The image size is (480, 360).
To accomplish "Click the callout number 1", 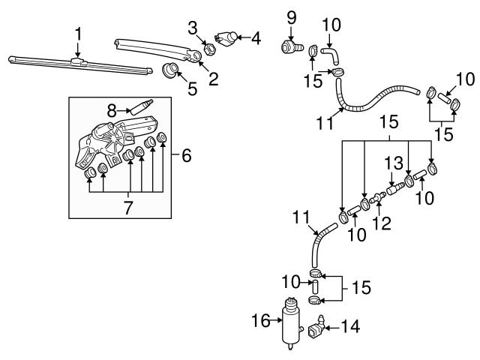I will click(x=78, y=33).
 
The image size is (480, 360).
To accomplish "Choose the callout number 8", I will click(x=112, y=109).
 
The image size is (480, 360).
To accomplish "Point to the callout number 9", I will click(x=291, y=15).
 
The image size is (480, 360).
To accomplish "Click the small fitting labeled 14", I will click(x=316, y=328).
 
